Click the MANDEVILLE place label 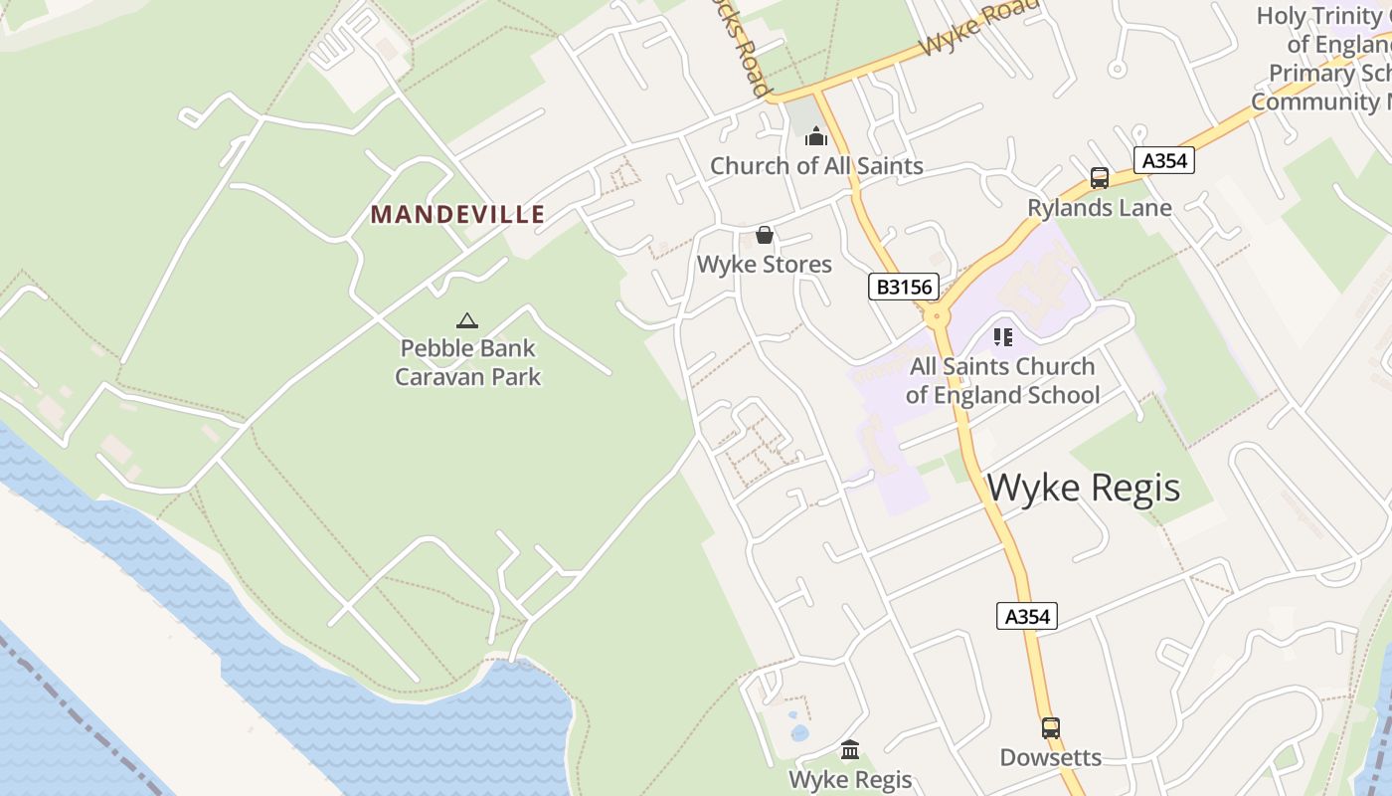457,214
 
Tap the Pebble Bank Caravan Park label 467,362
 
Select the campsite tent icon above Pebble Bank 467,320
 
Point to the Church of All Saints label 816,166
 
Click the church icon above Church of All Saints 816,136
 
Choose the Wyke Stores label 764,265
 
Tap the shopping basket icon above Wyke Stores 764,235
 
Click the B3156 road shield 903,288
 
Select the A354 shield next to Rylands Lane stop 1163,161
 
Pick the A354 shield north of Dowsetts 1026,617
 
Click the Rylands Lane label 1099,208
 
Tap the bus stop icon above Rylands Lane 1099,178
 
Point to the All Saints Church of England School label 1002,381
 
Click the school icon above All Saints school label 1002,337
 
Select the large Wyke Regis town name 1084,488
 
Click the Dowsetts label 1050,758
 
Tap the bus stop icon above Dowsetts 1050,728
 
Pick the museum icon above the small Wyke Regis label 850,749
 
